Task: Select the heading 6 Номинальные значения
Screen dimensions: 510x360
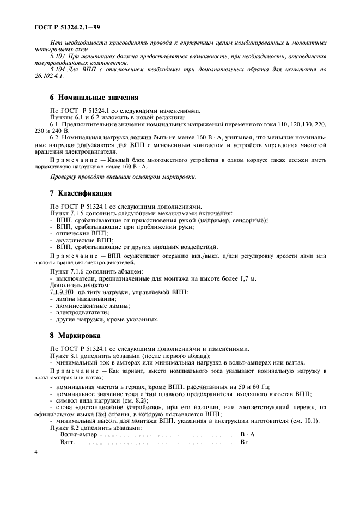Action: (91, 98)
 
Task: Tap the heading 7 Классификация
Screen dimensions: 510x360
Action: (81, 193)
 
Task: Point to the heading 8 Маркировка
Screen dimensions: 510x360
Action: (76, 336)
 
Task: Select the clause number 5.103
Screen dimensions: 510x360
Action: (58, 57)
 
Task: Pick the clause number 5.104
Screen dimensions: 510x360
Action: (58, 70)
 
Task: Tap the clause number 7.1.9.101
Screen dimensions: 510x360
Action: (65, 293)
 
